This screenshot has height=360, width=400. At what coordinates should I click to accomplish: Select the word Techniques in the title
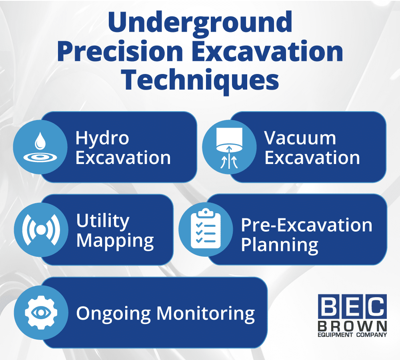[200, 80]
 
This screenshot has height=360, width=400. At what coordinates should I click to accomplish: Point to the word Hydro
[102, 138]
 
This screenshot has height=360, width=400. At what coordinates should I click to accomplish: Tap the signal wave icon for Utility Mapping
[41, 230]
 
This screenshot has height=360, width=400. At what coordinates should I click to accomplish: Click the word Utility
[103, 221]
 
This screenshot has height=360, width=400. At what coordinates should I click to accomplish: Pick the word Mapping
[115, 241]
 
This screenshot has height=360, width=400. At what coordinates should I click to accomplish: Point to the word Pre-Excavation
[306, 225]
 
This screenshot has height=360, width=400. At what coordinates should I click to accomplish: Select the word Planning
[280, 245]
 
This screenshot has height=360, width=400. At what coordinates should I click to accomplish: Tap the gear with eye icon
[41, 312]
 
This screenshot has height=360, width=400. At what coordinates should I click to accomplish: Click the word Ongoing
[114, 313]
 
